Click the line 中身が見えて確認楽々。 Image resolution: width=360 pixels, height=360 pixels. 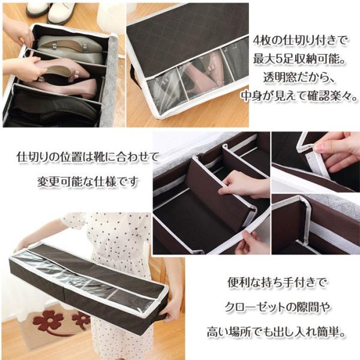tap(300, 96)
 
